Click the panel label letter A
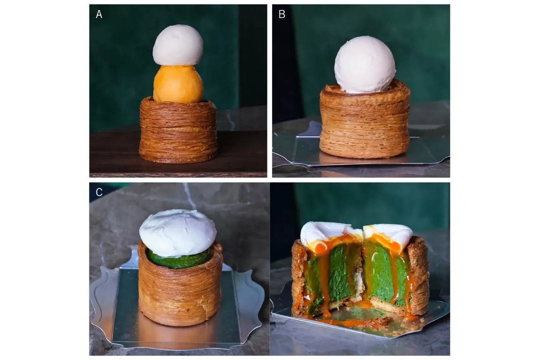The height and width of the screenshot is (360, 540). coord(99,14)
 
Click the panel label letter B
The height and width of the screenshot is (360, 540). coord(282,14)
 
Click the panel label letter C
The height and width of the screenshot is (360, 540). coord(99,192)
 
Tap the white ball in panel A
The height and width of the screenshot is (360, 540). coord(178,45)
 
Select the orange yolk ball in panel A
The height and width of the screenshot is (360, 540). coord(178,84)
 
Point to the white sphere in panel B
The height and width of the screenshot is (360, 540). coord(365,65)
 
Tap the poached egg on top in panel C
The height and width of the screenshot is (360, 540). coord(178,233)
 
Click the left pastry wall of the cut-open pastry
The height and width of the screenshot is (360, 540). coord(298,277)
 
